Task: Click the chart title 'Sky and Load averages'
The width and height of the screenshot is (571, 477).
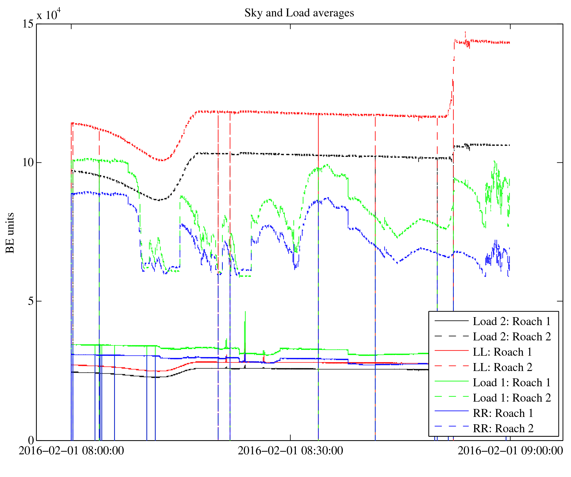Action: click(x=299, y=13)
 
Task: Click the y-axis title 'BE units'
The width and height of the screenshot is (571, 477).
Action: click(x=10, y=233)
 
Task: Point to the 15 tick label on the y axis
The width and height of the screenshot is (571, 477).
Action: click(x=28, y=24)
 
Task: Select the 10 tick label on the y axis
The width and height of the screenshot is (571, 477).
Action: click(x=28, y=163)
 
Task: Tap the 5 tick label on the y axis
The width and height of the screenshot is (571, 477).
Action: click(x=31, y=301)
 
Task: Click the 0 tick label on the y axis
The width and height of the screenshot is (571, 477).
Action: click(x=31, y=440)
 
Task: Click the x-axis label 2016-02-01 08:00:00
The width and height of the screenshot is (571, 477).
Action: click(x=71, y=451)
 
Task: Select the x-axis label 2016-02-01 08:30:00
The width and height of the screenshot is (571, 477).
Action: click(x=290, y=451)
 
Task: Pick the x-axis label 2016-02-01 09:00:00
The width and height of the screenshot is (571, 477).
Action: click(x=510, y=451)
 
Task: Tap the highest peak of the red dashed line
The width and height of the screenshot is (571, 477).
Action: click(x=465, y=32)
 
